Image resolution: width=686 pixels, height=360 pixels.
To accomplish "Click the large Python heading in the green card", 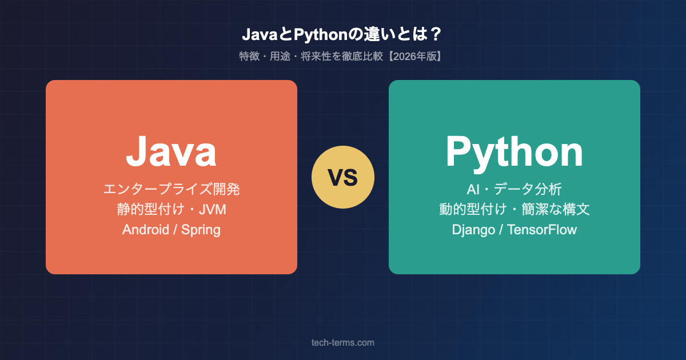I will coord(514,151).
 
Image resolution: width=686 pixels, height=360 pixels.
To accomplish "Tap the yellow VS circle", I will coord(343,177).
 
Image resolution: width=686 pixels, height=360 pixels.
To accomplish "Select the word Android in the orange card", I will coord(145,230).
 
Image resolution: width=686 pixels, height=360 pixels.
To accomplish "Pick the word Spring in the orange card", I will coord(201,230).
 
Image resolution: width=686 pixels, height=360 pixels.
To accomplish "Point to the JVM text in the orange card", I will coord(212,210).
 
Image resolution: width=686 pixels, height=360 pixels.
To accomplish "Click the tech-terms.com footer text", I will coord(343,342).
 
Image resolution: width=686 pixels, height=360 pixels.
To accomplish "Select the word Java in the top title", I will coord(257,35).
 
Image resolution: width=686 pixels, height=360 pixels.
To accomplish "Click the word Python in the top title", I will coord(313,35).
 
